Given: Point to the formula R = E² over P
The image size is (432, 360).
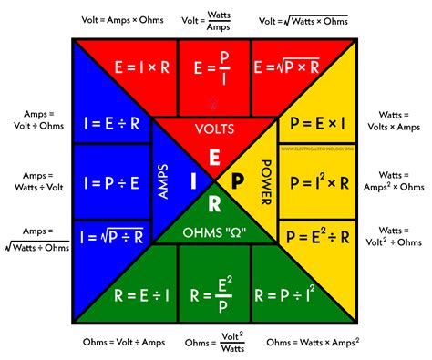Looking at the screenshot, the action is (x=214, y=297).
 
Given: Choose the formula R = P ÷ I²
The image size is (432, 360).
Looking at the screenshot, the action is (x=288, y=297).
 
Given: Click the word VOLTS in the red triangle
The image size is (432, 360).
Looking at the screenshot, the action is (x=214, y=129).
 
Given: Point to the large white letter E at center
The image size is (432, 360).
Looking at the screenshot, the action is (x=214, y=157).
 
